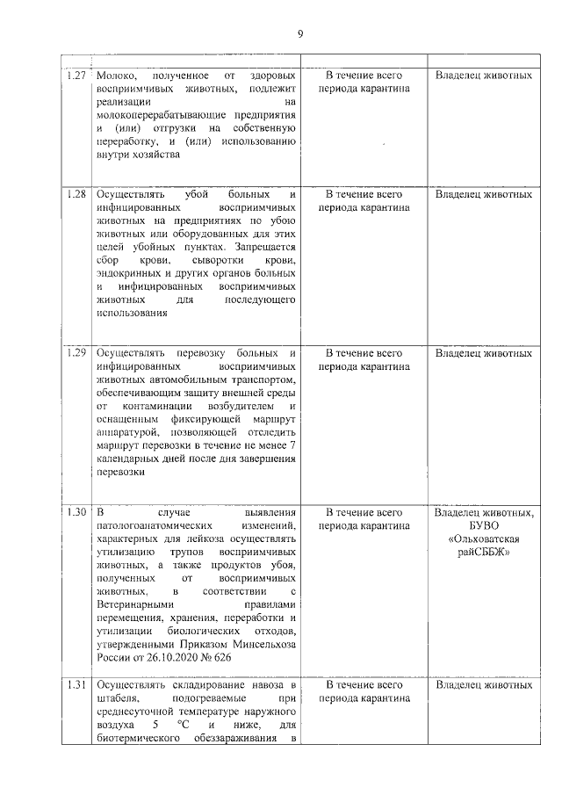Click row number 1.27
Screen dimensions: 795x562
click(x=76, y=76)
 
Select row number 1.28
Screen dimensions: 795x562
click(x=76, y=193)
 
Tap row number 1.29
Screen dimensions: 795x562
click(x=76, y=352)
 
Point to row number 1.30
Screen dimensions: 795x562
click(x=76, y=511)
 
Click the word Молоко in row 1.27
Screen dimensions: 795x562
click(x=117, y=76)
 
